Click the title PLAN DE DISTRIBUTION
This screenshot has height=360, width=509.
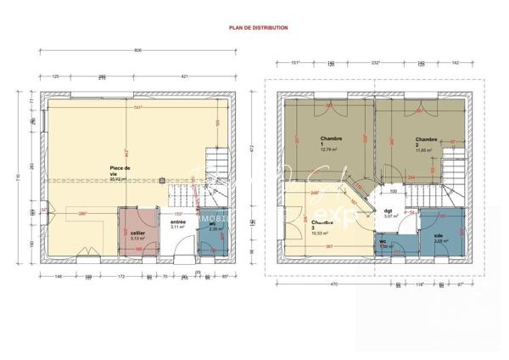[258, 27]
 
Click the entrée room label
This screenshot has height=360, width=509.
[177, 223]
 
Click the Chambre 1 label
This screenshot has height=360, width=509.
[330, 141]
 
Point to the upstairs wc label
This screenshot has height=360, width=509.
[383, 242]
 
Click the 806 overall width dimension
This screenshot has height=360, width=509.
[138, 51]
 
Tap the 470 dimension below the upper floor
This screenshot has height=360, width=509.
[334, 285]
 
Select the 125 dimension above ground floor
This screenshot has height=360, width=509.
[56, 76]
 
